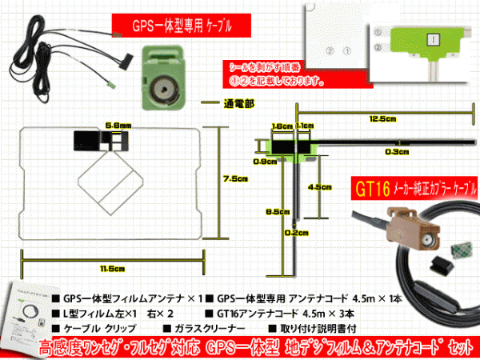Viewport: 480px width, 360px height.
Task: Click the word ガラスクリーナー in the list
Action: [209, 328]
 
